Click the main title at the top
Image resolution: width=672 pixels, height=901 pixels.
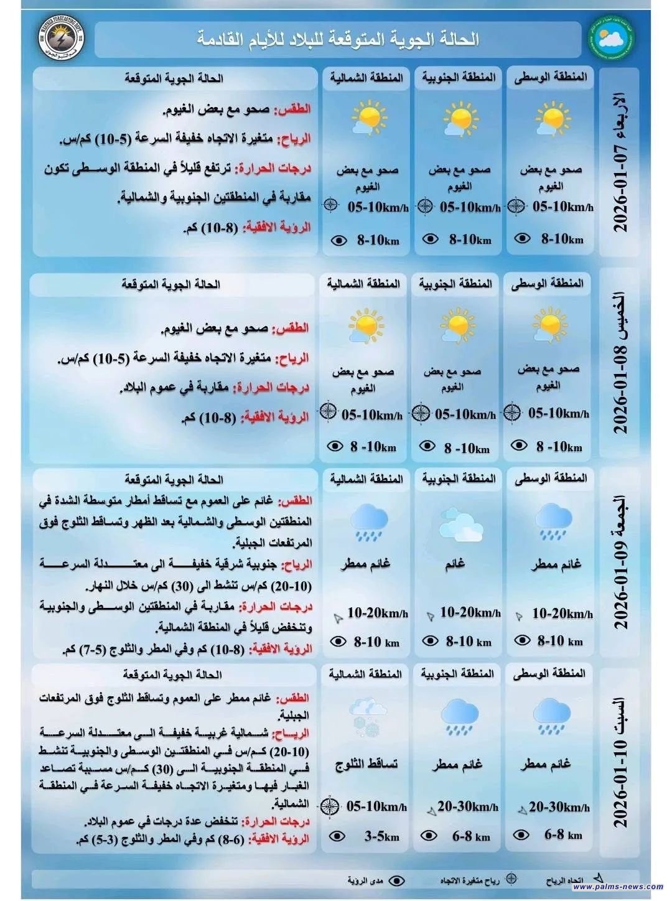coord(338,39)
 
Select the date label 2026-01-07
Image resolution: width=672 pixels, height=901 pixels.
coord(621,162)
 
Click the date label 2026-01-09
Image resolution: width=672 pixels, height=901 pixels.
coord(621,563)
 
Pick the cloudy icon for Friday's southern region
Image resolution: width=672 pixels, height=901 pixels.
coord(460,524)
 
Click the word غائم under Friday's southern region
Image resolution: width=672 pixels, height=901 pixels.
coord(455,564)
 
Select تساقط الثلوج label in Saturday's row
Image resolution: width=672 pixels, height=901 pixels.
coord(366,763)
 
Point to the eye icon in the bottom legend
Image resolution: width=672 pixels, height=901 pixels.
coord(396,880)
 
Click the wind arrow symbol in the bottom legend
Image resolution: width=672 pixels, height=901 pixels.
coord(597,878)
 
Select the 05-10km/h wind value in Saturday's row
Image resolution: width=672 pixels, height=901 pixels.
coord(376,807)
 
